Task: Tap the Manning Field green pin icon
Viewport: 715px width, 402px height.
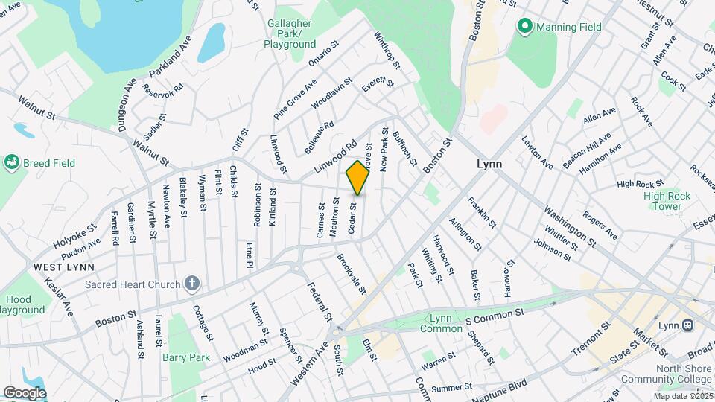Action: (524, 27)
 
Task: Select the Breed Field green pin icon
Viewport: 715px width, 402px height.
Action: (11, 162)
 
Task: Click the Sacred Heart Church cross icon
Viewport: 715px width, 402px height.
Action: (192, 283)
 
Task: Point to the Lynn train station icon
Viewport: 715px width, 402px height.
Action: (687, 325)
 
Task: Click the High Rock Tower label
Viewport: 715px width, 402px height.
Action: (662, 201)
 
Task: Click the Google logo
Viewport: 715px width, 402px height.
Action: (25, 392)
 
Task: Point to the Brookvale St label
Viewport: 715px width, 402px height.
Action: (349, 273)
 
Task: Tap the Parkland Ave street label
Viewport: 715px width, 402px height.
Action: (171, 56)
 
